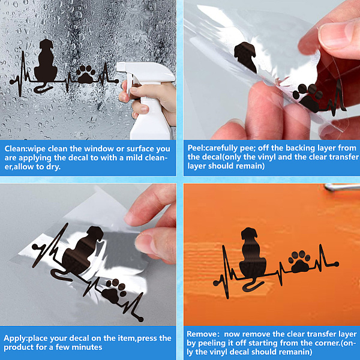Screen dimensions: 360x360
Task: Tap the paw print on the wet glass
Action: pos(86,74)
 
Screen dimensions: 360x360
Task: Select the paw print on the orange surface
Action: pos(299,262)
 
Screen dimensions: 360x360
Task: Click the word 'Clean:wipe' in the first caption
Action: pos(25,149)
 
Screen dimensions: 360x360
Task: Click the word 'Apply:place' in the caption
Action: pos(25,338)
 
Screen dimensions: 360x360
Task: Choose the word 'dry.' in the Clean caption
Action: pos(53,167)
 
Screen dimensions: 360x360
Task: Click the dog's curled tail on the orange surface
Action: pos(252,286)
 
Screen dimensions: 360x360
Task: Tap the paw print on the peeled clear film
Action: pos(308,98)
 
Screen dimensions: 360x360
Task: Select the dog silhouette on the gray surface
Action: pos(83,250)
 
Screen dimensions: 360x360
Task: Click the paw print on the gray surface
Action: pos(115,291)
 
